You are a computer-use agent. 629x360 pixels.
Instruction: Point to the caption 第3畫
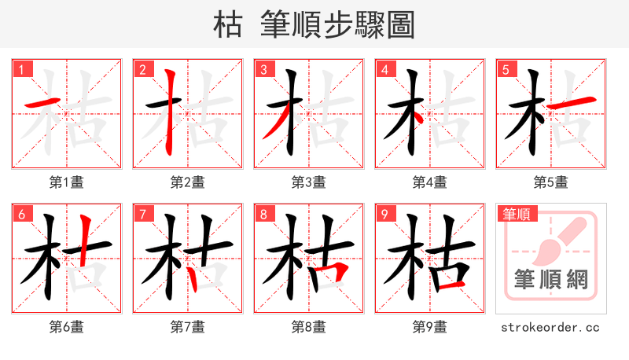(309, 182)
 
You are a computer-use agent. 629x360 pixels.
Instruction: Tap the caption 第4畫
(430, 182)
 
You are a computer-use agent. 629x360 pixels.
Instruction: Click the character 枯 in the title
(228, 25)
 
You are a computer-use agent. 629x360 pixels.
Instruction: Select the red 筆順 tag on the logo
(518, 214)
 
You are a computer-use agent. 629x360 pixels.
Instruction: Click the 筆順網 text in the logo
(550, 279)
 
